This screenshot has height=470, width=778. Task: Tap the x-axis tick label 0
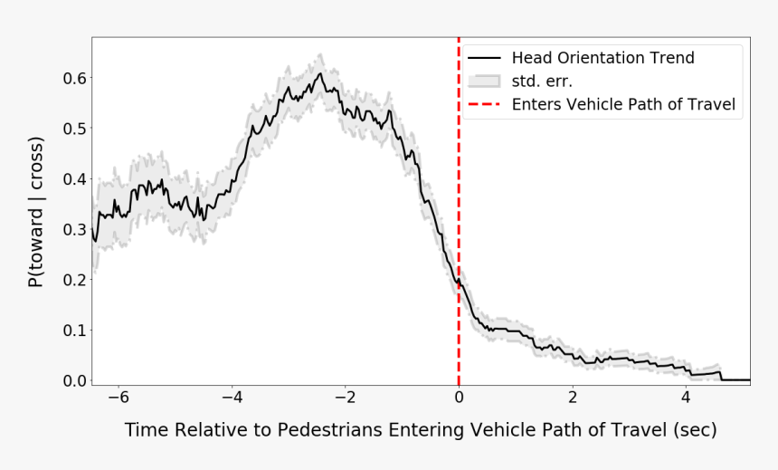459,397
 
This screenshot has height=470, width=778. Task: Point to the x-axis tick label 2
573,397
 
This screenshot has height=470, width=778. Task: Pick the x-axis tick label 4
686,397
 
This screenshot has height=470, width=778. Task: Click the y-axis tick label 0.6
73,78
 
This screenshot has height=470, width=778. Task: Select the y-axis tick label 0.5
73,129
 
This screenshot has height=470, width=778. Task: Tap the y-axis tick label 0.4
73,179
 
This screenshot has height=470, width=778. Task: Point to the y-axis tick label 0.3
73,230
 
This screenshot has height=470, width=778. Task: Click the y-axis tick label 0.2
73,280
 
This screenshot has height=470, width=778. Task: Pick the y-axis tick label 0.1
73,331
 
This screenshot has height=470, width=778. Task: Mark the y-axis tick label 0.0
73,381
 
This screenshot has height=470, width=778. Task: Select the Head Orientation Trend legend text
602,59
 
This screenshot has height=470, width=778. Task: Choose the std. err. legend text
542,82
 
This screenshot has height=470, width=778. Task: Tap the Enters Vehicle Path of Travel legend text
623,105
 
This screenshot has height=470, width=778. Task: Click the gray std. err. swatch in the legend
485,82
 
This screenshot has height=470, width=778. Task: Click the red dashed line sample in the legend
485,105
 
